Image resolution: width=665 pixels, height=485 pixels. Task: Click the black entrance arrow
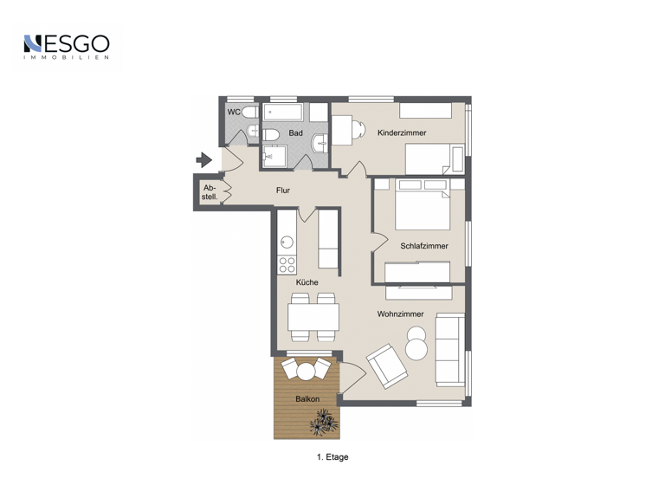click(x=204, y=159)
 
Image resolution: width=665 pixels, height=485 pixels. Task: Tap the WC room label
click(x=234, y=112)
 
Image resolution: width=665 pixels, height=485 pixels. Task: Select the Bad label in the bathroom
click(x=295, y=133)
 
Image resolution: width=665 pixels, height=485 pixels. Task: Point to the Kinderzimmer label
click(x=402, y=133)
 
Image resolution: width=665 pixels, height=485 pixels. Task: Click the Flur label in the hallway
click(x=282, y=190)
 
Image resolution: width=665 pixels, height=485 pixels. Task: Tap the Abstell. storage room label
click(x=210, y=193)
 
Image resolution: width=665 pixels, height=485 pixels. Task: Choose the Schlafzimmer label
click(x=424, y=246)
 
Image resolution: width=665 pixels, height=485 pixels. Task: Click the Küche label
click(x=307, y=282)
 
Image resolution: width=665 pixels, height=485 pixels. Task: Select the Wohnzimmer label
click(x=400, y=314)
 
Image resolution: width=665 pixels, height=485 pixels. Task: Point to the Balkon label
click(x=307, y=398)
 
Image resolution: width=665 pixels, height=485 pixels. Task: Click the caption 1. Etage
click(x=332, y=456)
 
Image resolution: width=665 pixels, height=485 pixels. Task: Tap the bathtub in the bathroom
click(x=284, y=113)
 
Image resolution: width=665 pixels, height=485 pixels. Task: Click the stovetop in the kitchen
click(x=287, y=263)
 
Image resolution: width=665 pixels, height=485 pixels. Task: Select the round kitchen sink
click(x=287, y=242)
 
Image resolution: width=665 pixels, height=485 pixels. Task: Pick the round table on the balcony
click(x=306, y=371)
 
